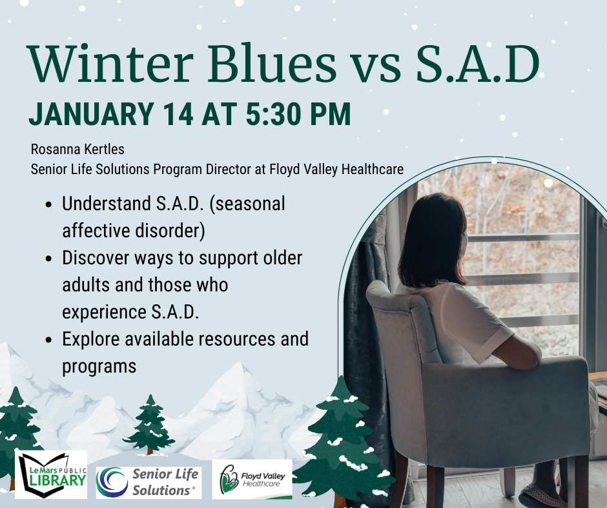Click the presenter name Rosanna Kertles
(77, 150)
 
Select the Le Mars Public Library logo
(51, 475)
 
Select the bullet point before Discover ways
(50, 259)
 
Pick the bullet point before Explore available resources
(50, 340)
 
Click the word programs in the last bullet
(99, 366)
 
